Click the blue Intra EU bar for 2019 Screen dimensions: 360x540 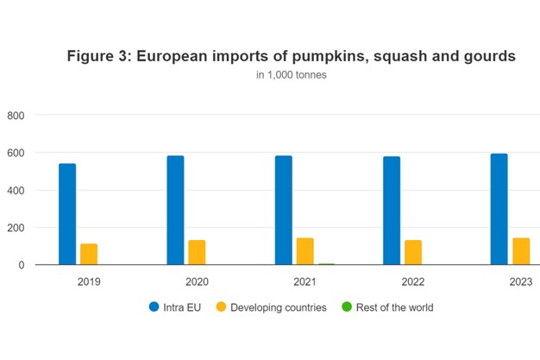[67, 214]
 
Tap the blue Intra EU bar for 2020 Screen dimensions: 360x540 [175, 210]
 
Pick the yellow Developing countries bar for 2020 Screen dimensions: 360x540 [197, 252]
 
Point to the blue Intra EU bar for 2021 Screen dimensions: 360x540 [283, 210]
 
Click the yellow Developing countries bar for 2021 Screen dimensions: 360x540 [305, 251]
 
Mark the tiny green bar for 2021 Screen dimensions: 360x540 [326, 264]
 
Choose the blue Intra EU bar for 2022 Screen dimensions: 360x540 [391, 211]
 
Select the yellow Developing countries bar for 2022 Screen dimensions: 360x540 [412, 252]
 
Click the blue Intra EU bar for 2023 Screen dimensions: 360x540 [499, 209]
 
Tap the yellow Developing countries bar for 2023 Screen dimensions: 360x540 [520, 251]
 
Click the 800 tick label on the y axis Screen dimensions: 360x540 [16, 115]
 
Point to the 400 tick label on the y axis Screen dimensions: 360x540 [16, 190]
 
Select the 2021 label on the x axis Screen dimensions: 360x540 [305, 281]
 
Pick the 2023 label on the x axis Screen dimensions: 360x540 [520, 281]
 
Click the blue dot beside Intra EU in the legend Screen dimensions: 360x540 [154, 307]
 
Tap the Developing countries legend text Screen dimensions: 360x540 [278, 307]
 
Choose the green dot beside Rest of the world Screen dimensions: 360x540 [348, 307]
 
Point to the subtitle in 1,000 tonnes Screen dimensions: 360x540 [291, 75]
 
